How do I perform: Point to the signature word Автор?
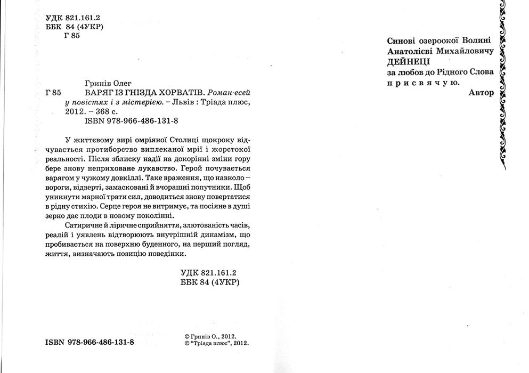coord(481,92)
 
